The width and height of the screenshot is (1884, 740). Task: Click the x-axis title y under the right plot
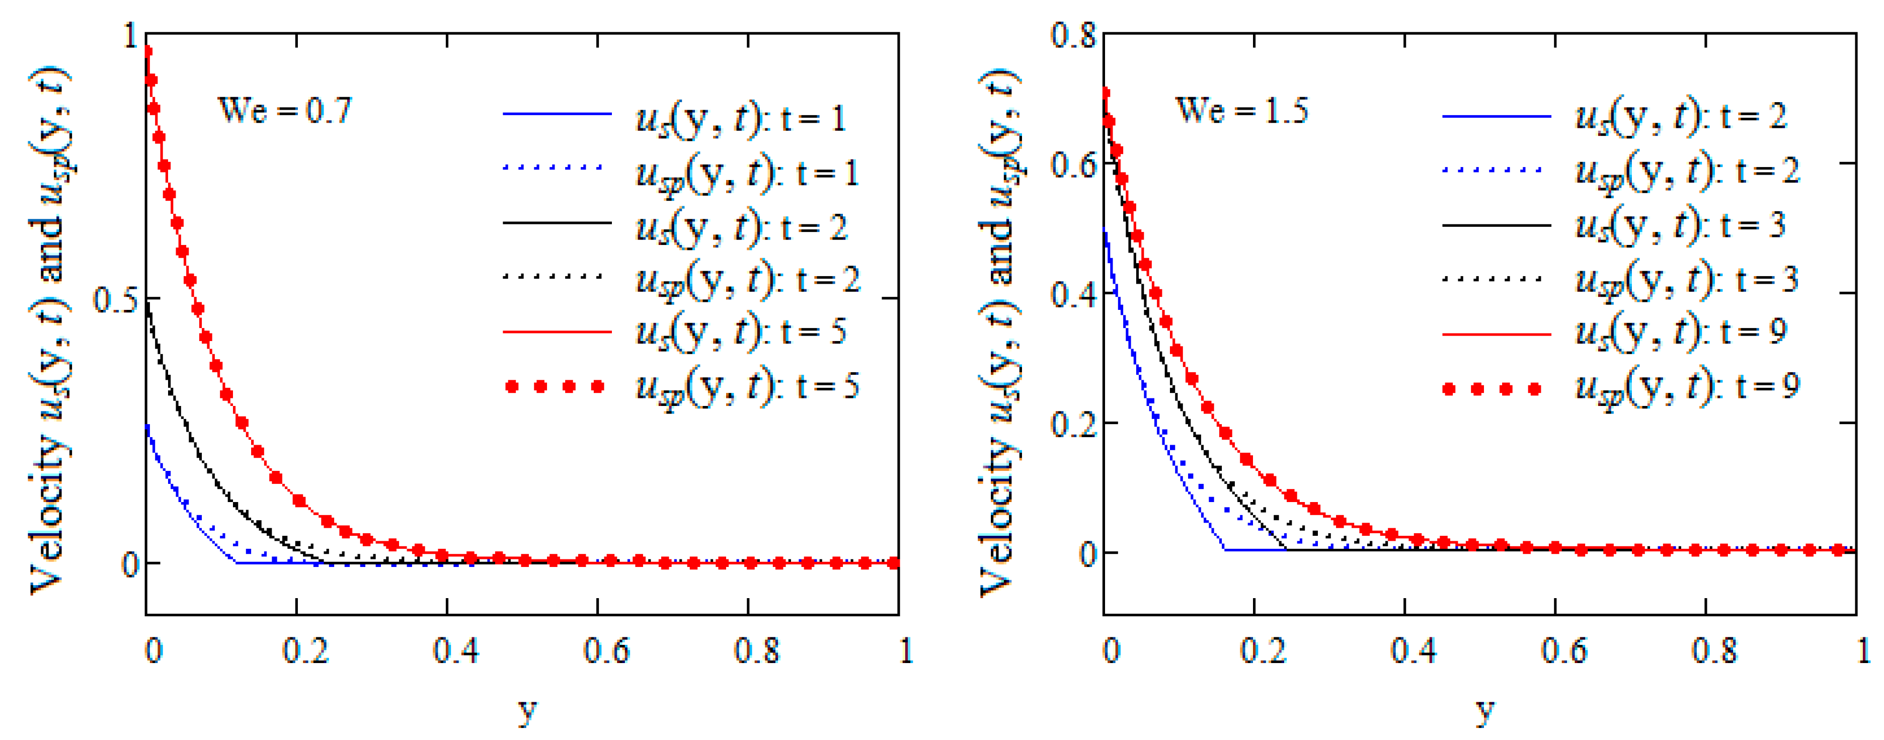pos(1484,709)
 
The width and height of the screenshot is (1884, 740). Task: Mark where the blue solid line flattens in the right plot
pos(1225,549)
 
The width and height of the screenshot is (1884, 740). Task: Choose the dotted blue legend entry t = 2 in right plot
pos(1686,171)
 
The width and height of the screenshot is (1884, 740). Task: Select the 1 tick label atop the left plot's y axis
pos(132,35)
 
